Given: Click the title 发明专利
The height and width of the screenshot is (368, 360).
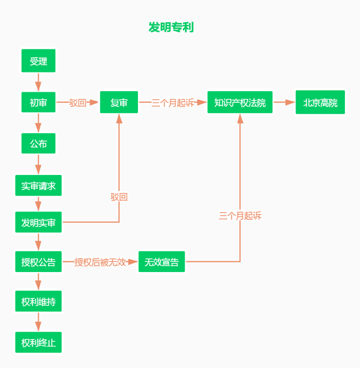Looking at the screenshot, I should [x=171, y=28].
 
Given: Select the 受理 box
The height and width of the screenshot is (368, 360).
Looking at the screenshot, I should [x=38, y=61].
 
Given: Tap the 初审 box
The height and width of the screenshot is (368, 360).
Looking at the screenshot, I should [x=38, y=102].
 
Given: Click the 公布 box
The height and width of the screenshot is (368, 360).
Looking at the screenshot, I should [x=38, y=144].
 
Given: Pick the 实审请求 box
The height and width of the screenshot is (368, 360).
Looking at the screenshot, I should [x=38, y=186].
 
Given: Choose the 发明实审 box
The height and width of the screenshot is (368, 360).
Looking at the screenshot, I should [x=38, y=222].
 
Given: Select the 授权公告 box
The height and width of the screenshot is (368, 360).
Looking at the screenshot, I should [x=38, y=262].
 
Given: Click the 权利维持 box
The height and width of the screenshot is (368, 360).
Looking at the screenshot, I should [x=38, y=301].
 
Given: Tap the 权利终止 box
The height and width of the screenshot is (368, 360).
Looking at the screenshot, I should [x=38, y=342].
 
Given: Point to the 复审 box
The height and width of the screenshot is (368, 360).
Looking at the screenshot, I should [x=119, y=102].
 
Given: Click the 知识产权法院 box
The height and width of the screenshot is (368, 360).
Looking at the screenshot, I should [x=240, y=102].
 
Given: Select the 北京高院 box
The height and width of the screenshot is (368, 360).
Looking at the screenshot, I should [x=320, y=102].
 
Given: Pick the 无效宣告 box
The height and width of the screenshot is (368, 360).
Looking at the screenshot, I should [x=161, y=262].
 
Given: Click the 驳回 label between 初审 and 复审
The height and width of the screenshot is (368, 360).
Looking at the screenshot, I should [x=77, y=102].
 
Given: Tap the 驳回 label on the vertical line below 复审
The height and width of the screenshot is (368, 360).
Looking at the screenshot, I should [x=119, y=197].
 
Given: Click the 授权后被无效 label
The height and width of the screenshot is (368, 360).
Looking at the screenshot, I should [x=100, y=262].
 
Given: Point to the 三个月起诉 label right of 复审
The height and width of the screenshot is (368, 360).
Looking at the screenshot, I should [x=173, y=102].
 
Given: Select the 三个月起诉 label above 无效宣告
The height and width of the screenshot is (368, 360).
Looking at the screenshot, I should [x=240, y=216].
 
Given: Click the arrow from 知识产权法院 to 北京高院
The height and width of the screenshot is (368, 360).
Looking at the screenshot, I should [x=284, y=102].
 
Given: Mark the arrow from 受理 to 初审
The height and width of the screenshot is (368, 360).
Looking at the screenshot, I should [x=38, y=82].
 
